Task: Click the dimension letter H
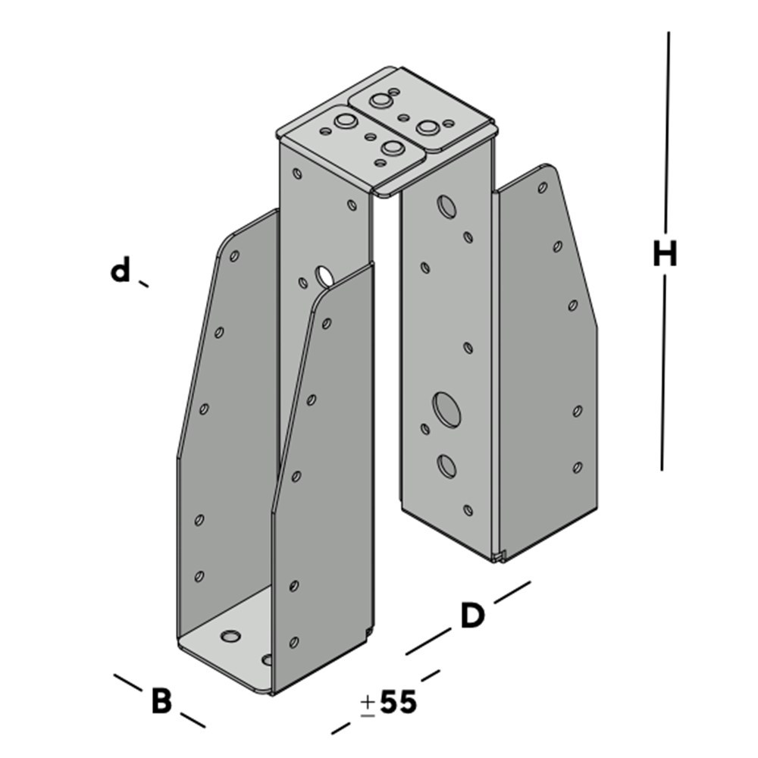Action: pyautogui.click(x=665, y=254)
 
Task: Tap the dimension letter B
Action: pyautogui.click(x=161, y=701)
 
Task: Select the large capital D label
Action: pyautogui.click(x=471, y=615)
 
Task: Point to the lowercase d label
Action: pyautogui.click(x=121, y=270)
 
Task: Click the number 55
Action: pyautogui.click(x=398, y=702)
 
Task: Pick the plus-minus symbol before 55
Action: pyautogui.click(x=368, y=705)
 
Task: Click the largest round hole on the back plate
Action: pyautogui.click(x=446, y=410)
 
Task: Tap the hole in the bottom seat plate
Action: pyautogui.click(x=230, y=636)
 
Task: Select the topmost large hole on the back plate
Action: pyautogui.click(x=446, y=206)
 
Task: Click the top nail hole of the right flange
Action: pyautogui.click(x=543, y=187)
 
